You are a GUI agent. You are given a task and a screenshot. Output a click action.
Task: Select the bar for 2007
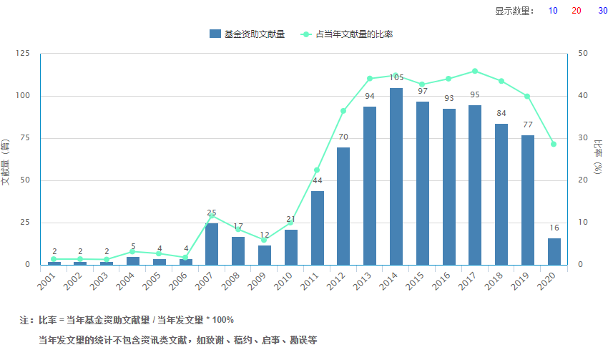click(x=212, y=243)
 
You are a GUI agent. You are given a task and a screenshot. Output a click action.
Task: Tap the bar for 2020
click(x=554, y=251)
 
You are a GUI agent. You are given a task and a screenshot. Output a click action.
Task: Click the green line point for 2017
click(x=475, y=71)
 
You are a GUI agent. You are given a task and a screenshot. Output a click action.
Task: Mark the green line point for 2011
click(x=317, y=170)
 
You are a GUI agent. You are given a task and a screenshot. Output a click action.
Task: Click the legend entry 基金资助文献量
click(x=247, y=34)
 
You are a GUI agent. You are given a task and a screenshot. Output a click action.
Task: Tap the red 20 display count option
click(x=577, y=11)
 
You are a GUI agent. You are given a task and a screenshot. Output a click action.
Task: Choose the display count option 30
click(x=603, y=11)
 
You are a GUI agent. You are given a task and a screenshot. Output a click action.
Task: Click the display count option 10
click(x=553, y=11)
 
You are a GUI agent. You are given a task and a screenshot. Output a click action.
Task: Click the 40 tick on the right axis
click(x=583, y=96)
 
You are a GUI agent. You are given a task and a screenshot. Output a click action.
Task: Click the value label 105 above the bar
click(x=396, y=77)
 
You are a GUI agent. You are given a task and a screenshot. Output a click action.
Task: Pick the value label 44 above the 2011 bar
click(x=317, y=180)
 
